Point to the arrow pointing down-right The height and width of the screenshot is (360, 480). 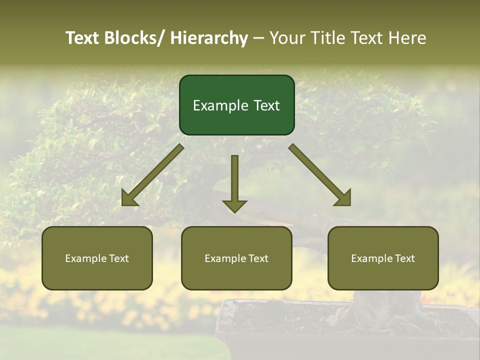point(320,175)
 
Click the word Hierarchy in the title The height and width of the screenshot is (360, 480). point(208,38)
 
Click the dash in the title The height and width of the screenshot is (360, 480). point(258,38)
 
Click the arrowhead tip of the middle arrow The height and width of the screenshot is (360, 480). point(234,211)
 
